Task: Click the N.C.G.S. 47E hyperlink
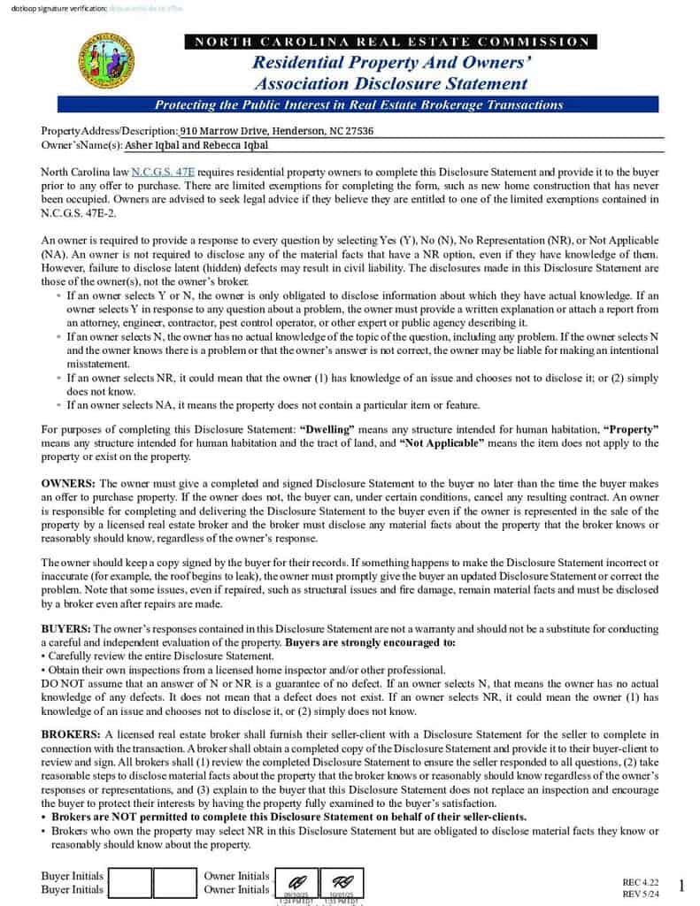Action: [x=163, y=172]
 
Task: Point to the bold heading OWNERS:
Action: [x=69, y=483]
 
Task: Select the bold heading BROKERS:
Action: [x=72, y=735]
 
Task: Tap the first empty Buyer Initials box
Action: [x=129, y=883]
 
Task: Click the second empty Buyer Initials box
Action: [x=174, y=883]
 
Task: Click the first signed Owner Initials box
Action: [x=296, y=883]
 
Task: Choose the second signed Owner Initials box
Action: [x=342, y=883]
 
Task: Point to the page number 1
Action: [x=681, y=886]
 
